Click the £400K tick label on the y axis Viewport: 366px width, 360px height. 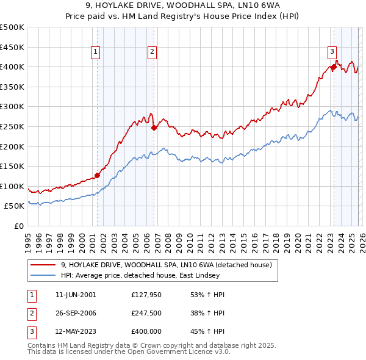(12, 67)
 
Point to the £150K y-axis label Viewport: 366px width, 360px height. (12, 166)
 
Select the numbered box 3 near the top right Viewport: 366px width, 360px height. (332, 52)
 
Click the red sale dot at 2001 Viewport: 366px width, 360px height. (98, 175)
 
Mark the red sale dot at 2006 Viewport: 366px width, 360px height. (154, 128)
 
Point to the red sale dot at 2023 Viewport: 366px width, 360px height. (334, 67)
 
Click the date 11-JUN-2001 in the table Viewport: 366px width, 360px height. (76, 295)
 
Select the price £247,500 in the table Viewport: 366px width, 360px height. (146, 313)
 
